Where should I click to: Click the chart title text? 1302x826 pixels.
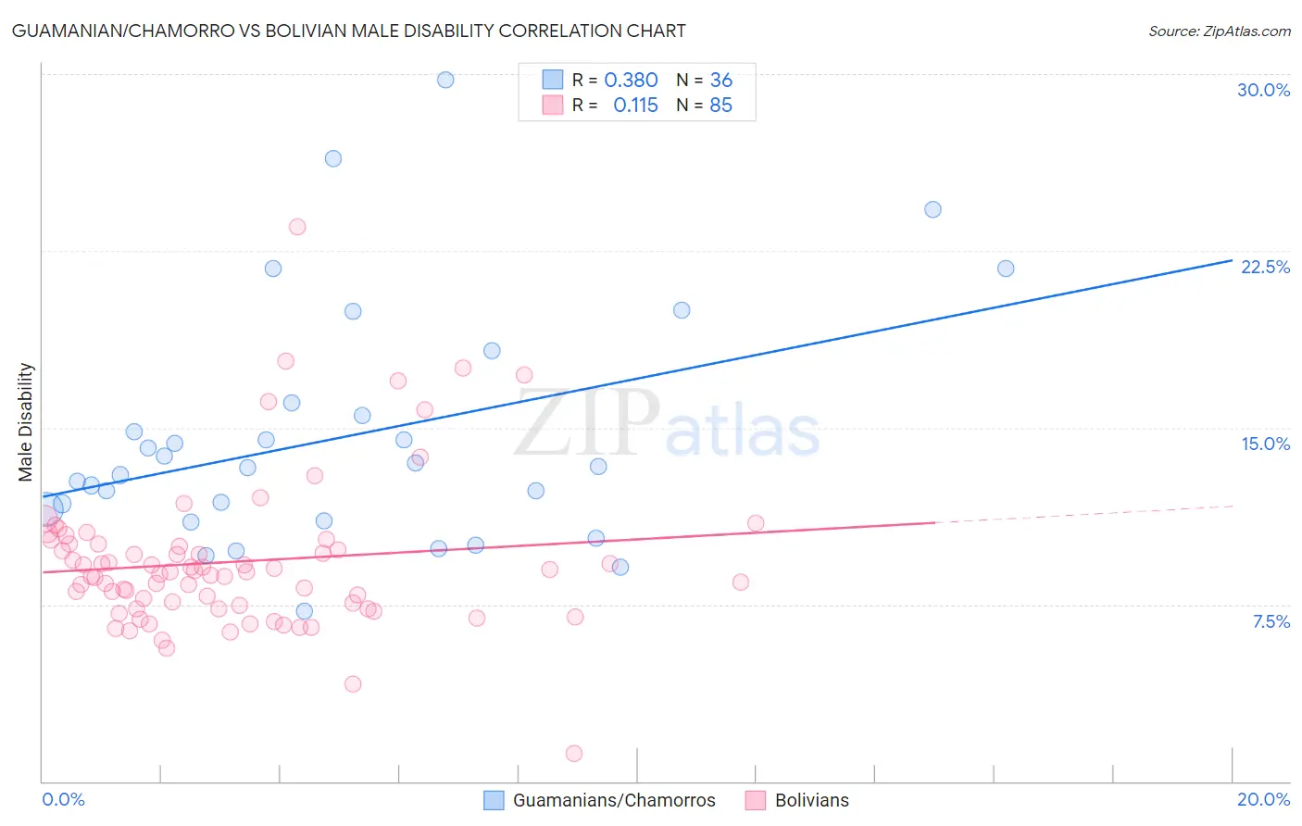[x=348, y=31]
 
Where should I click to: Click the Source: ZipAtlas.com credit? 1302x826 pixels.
[x=1219, y=31]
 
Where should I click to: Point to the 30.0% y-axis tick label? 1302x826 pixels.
[x=1263, y=90]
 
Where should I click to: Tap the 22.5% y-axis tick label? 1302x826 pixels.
[x=1265, y=267]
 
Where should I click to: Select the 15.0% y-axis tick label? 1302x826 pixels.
[x=1265, y=444]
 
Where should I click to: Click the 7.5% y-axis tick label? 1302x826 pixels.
[x=1271, y=621]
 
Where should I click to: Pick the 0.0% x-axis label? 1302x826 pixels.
[x=63, y=799]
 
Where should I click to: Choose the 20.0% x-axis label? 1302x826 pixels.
[x=1263, y=799]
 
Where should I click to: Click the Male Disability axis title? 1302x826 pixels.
[x=26, y=421]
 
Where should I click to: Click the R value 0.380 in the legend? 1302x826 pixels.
[x=631, y=81]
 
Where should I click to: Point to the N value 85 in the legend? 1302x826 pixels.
[x=720, y=106]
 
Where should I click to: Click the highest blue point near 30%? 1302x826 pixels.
[x=445, y=80]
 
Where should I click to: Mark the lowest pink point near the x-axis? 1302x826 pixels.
[x=574, y=754]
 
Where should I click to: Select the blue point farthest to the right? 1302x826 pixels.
[x=1006, y=269]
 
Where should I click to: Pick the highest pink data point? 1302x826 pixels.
[x=297, y=227]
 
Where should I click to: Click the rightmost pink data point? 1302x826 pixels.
[x=756, y=523]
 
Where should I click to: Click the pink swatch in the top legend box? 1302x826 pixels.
[x=553, y=106]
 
